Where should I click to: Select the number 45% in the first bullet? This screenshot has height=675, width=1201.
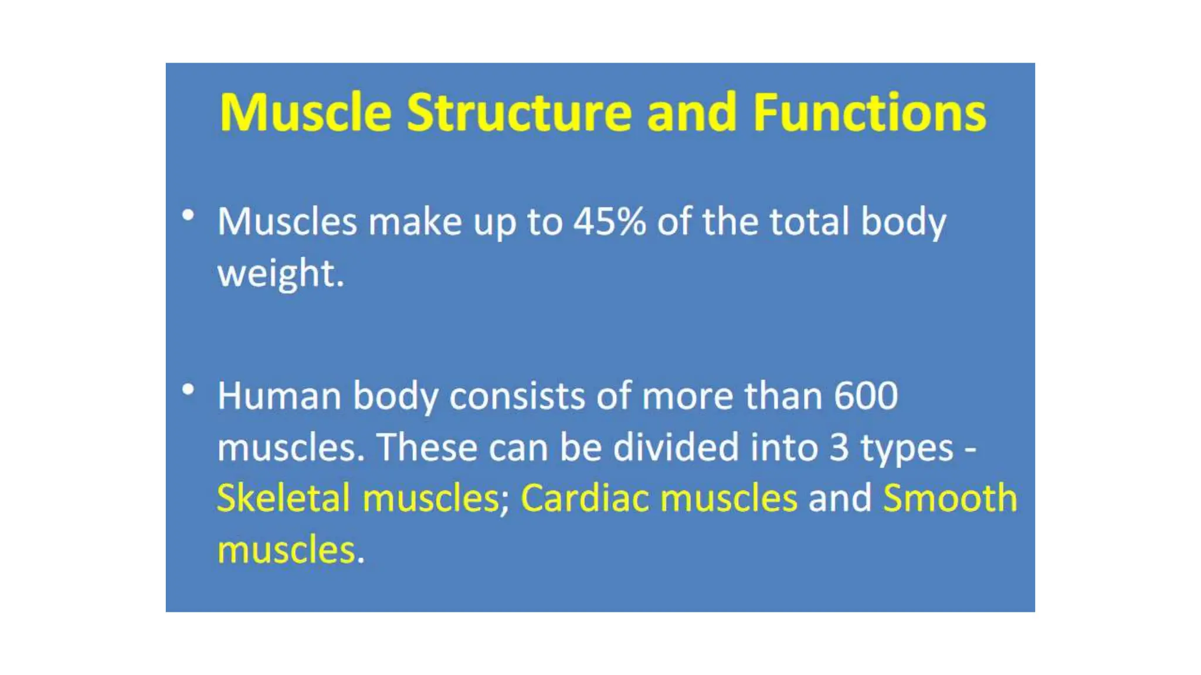click(609, 221)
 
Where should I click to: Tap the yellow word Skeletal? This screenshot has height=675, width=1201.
click(284, 498)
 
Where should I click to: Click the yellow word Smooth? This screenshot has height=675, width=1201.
click(949, 498)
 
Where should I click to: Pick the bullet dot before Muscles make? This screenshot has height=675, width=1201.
click(188, 215)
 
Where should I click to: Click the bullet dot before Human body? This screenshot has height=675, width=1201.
click(188, 390)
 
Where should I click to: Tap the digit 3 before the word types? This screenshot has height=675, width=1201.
click(839, 447)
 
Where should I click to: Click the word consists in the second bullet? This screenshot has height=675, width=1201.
click(517, 396)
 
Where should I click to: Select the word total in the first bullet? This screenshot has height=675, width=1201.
click(809, 221)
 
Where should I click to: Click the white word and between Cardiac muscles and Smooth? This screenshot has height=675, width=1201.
click(840, 498)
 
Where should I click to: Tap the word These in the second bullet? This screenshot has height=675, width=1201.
click(427, 447)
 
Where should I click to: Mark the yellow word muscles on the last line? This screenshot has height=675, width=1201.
click(286, 550)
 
